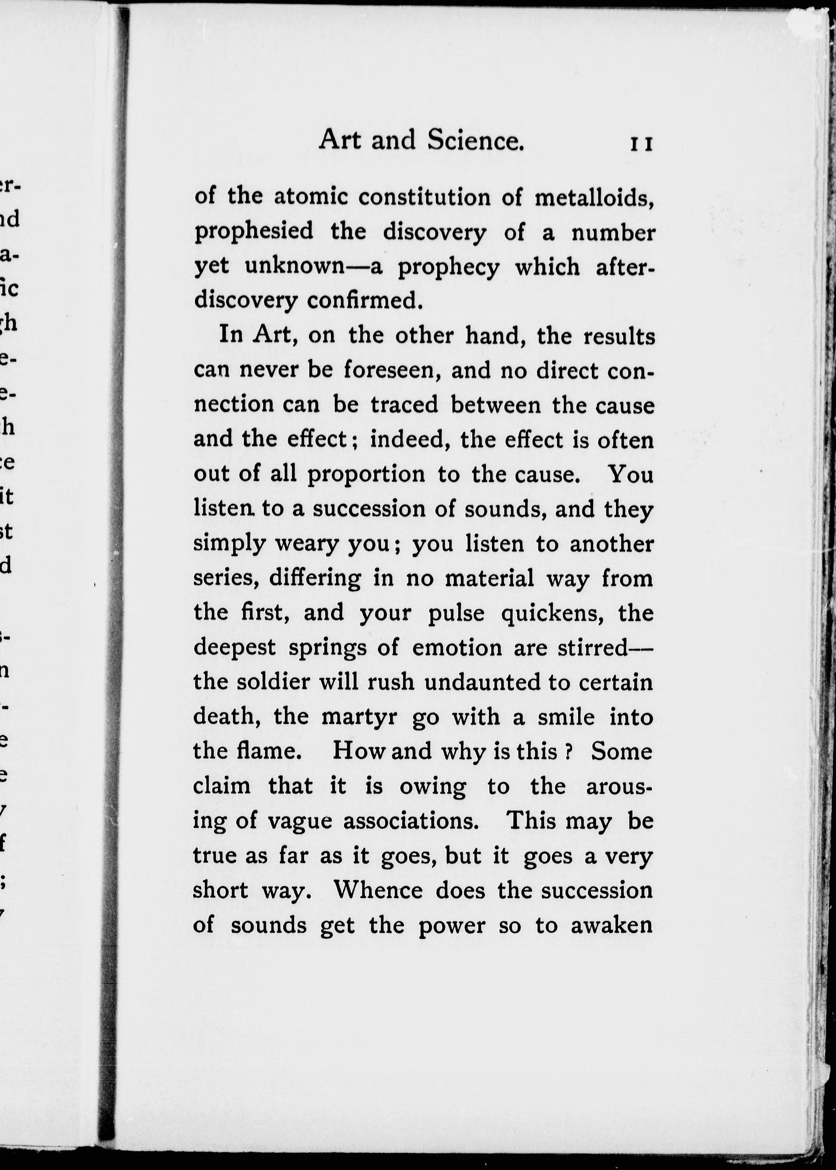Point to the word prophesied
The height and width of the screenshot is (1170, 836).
click(254, 232)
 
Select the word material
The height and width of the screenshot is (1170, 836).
click(489, 578)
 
